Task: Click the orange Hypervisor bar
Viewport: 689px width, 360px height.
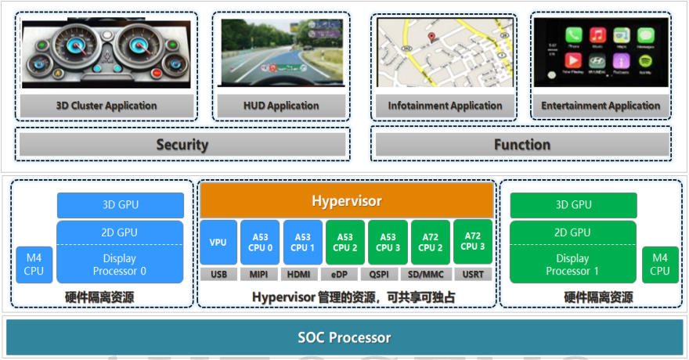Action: click(x=347, y=201)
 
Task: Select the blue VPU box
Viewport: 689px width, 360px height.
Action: click(x=218, y=243)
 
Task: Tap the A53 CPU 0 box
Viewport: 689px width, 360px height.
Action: click(x=261, y=243)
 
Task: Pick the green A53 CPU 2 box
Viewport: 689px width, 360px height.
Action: click(x=345, y=243)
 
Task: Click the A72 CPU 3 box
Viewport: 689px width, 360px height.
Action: click(x=472, y=242)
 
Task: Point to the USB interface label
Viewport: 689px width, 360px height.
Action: click(x=218, y=275)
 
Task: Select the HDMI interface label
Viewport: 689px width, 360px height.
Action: click(x=303, y=275)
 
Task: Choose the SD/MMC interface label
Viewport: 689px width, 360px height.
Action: click(x=430, y=275)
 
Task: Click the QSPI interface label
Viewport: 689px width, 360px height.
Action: click(x=388, y=275)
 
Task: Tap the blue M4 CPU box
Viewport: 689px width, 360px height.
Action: click(x=34, y=265)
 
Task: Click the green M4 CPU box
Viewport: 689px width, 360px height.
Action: click(x=660, y=265)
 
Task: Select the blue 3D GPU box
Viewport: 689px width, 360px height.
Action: click(x=121, y=205)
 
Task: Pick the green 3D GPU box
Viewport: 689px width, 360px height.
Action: click(x=573, y=205)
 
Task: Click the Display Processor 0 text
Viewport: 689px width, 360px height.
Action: click(x=121, y=265)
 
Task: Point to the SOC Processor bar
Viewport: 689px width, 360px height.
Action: click(x=344, y=338)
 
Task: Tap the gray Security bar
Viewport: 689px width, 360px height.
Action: click(x=182, y=145)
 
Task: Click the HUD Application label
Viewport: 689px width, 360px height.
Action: click(x=281, y=106)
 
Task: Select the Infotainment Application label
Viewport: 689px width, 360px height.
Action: click(x=445, y=106)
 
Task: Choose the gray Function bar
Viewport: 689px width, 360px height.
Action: click(x=521, y=145)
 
